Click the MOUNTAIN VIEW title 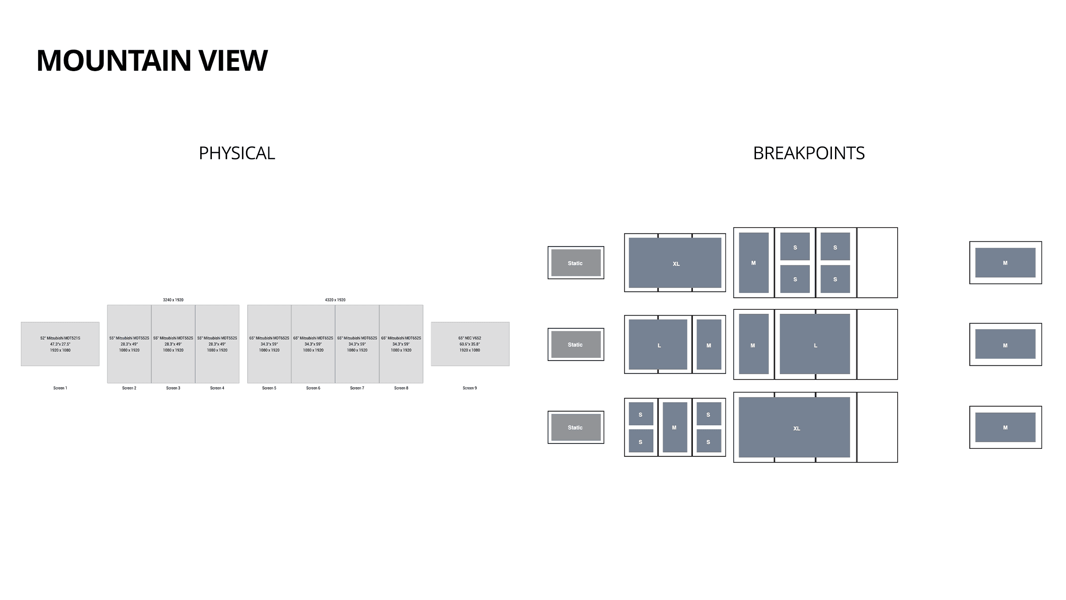(x=152, y=60)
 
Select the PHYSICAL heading (x=237, y=153)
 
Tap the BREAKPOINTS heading (x=808, y=153)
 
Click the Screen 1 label (x=60, y=388)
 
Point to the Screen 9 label (x=469, y=388)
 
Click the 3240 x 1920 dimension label (x=173, y=300)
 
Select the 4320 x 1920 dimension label (x=335, y=300)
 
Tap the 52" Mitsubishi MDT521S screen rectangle (x=60, y=344)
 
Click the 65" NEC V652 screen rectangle (x=470, y=344)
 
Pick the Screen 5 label (x=269, y=388)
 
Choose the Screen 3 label (x=173, y=388)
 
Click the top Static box (x=576, y=263)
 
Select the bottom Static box (x=576, y=427)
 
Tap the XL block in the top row (x=675, y=263)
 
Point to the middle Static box (x=576, y=344)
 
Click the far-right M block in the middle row (x=1005, y=344)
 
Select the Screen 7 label (x=357, y=388)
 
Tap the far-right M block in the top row (x=1005, y=263)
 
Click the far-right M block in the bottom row (x=1005, y=427)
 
